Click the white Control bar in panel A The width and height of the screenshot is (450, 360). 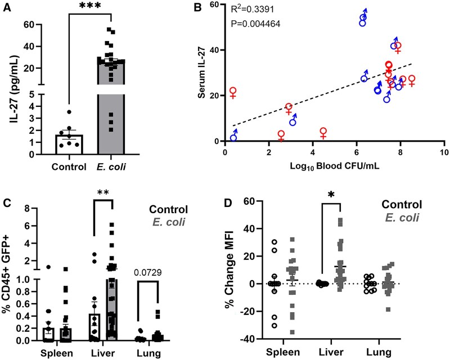(x=69, y=143)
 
